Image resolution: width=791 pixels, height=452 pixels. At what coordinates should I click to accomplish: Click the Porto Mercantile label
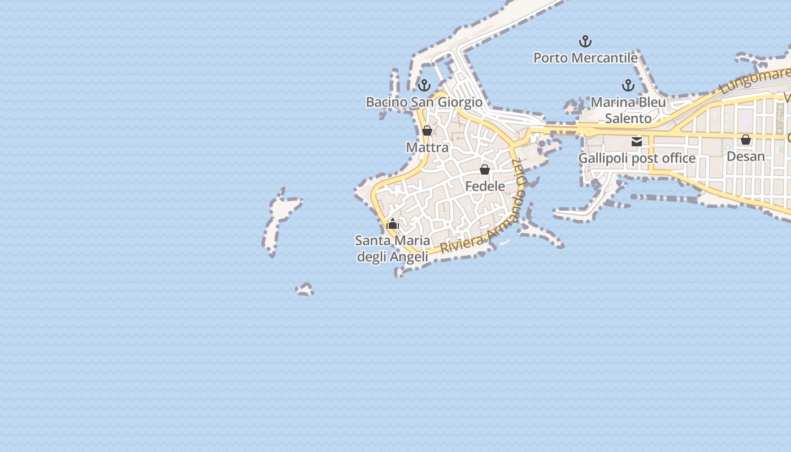click(585, 58)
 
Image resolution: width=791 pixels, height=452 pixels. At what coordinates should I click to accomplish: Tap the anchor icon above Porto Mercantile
click(585, 41)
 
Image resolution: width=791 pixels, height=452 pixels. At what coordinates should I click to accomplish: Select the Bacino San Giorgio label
click(424, 102)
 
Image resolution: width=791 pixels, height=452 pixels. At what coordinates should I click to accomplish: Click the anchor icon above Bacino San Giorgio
click(424, 85)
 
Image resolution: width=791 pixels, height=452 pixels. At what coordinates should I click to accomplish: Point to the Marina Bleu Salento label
click(628, 111)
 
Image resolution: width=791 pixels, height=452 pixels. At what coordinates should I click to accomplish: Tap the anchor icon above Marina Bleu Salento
click(628, 85)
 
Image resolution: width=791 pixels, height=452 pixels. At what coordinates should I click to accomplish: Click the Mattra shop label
click(427, 147)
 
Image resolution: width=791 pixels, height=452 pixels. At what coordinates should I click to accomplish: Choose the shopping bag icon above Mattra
click(427, 131)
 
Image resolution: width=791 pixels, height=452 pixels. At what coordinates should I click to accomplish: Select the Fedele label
click(485, 186)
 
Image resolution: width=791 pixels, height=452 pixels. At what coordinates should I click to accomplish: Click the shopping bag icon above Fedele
click(485, 169)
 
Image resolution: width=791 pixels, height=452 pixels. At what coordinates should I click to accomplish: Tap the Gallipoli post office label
click(637, 158)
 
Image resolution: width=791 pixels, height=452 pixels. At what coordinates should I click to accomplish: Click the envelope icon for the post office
click(637, 142)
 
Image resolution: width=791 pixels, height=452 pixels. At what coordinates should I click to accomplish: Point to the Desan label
click(745, 156)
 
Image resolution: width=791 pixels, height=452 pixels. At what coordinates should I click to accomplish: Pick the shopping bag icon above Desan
click(746, 140)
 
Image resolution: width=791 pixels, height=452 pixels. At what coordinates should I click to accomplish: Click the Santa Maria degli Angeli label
click(392, 249)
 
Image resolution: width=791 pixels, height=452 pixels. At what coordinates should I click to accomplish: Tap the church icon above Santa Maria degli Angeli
click(393, 224)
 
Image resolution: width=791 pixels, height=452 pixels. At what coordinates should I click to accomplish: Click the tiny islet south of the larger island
click(305, 290)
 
